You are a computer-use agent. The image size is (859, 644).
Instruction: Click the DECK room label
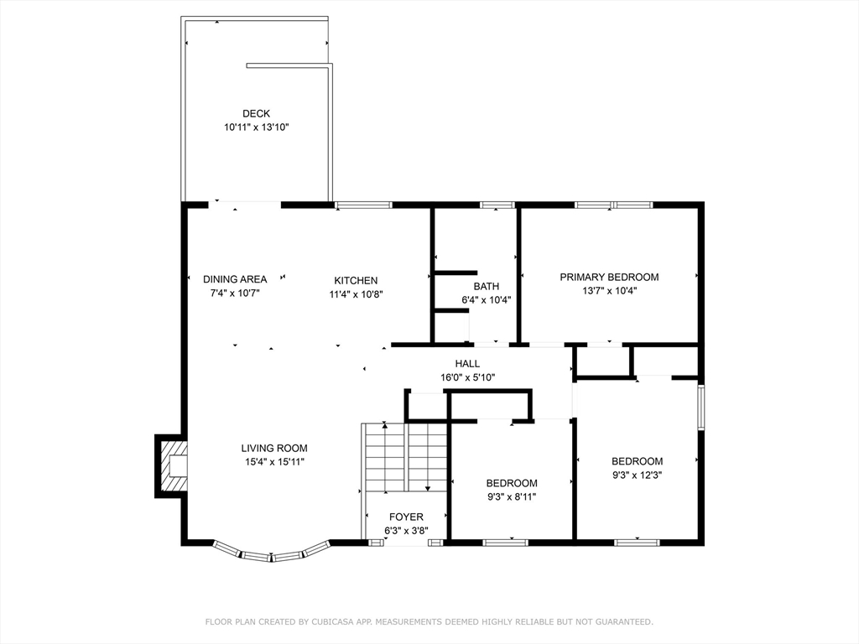point(256,113)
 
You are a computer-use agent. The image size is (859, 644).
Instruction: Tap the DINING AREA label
point(235,279)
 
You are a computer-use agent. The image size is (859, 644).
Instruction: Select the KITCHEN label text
point(356,280)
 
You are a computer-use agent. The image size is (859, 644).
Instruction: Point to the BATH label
point(487,287)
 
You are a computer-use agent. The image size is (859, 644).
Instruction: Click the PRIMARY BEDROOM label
point(609,277)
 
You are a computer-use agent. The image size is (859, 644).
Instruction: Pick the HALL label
point(467,364)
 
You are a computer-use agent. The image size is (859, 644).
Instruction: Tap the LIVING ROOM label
point(274,449)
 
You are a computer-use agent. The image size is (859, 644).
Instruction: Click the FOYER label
point(406,517)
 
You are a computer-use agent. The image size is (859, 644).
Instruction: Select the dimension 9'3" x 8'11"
point(512,497)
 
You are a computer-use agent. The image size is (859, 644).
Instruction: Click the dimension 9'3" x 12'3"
point(638,475)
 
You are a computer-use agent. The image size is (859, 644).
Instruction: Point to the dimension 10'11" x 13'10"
point(256,127)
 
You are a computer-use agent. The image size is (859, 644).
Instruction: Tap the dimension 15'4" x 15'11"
point(274,462)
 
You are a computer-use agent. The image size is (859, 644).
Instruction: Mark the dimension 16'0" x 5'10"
point(467,377)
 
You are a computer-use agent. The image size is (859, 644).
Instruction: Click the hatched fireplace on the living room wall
point(172,466)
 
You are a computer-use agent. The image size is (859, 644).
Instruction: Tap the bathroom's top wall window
point(497,205)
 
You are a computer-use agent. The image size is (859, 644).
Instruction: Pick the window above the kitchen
point(364,205)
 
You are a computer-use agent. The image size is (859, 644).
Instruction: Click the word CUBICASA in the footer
point(333,622)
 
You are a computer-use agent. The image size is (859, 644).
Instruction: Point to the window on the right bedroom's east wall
point(701,407)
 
